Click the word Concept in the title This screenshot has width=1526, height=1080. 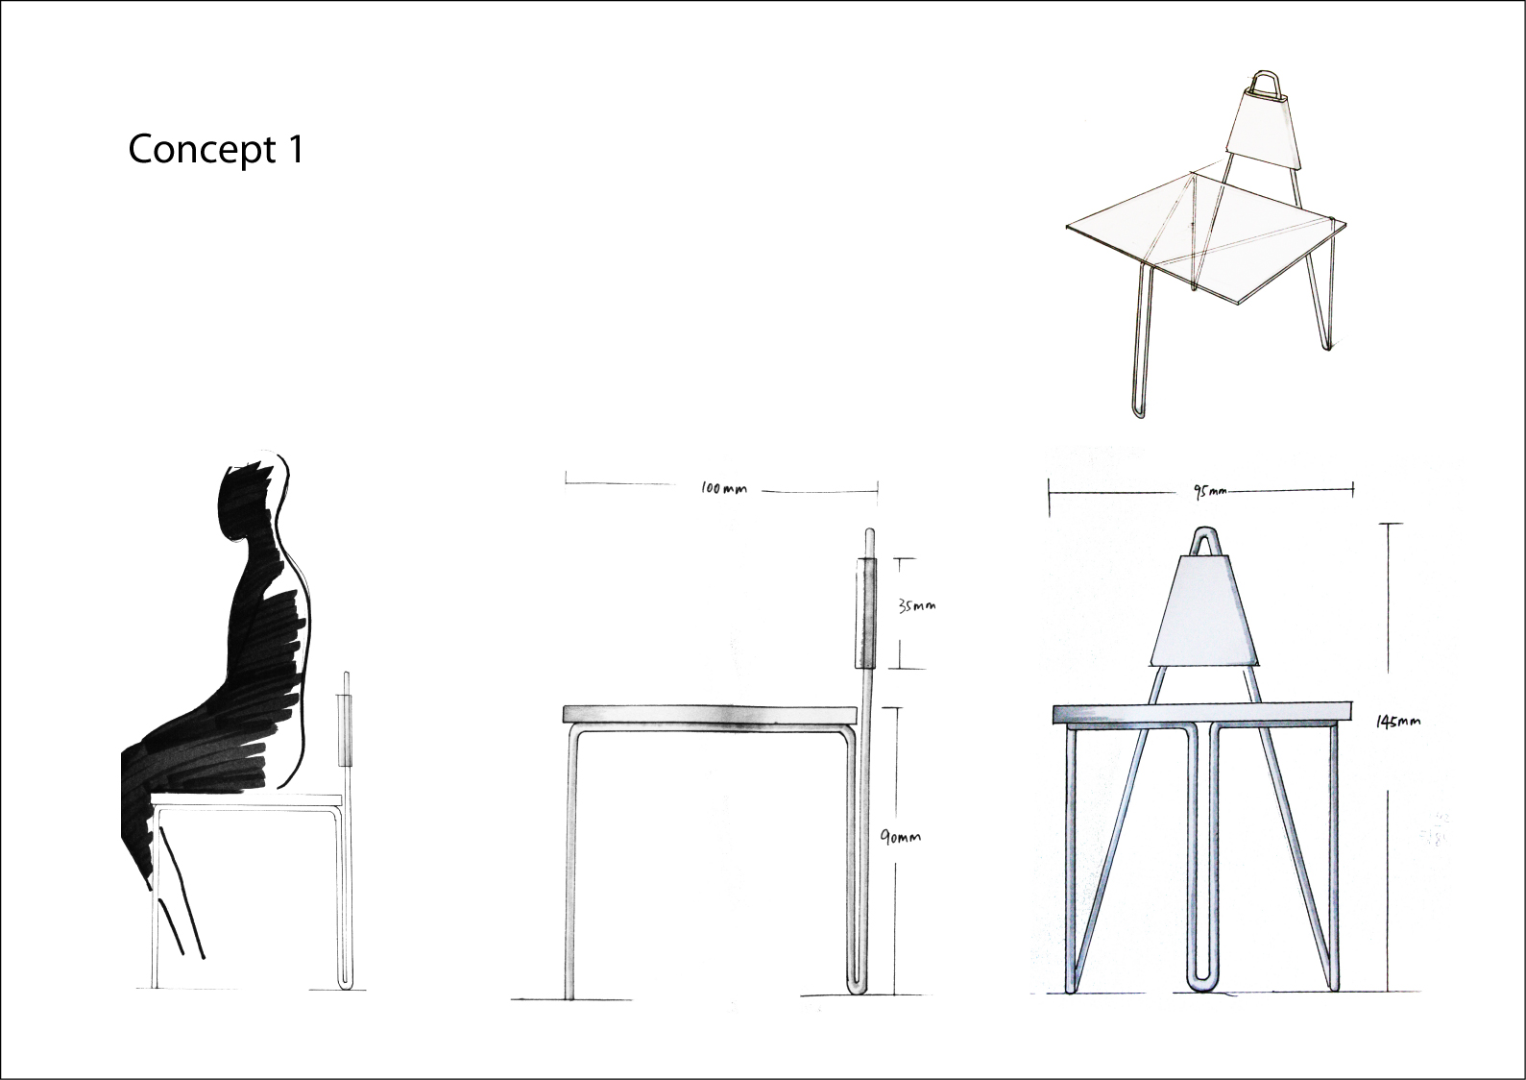pos(188,149)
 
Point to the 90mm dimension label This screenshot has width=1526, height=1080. pos(901,837)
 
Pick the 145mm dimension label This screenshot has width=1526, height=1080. pos(1398,722)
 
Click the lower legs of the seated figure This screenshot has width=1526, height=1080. pos(182,922)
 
